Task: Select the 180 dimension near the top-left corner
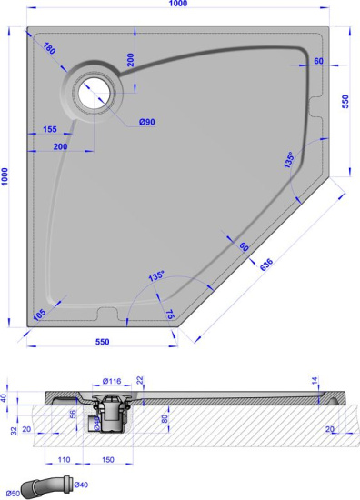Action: tap(48, 48)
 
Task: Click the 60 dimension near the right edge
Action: tap(318, 62)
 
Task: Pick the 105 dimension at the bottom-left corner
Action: tap(40, 314)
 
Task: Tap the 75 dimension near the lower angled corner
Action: tap(170, 315)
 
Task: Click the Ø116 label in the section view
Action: tap(114, 380)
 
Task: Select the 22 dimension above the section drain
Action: tap(139, 379)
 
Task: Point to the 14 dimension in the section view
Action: tap(315, 381)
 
